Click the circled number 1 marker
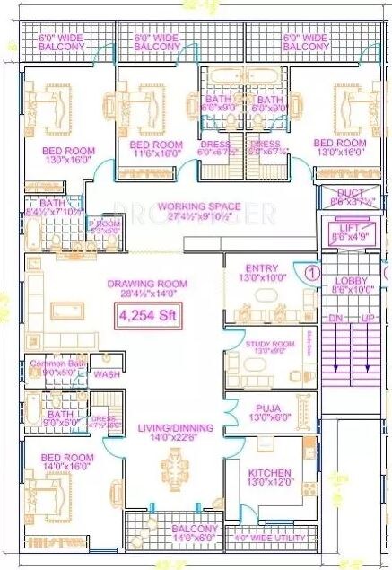pos(312,271)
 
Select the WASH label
pos(108,374)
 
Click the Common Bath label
pos(55,364)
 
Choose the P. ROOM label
pos(104,225)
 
